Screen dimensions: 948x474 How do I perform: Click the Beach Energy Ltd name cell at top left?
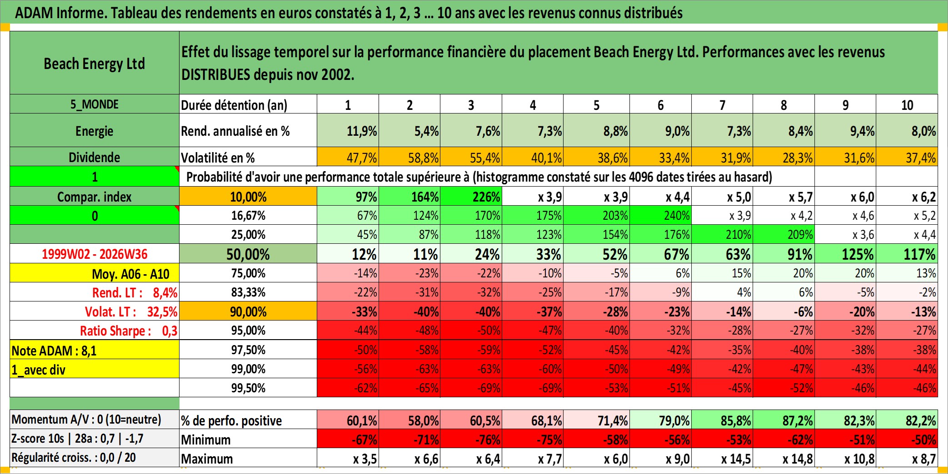(x=95, y=63)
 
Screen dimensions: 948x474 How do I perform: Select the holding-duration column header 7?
(x=722, y=105)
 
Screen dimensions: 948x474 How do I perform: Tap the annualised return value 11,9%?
(x=348, y=131)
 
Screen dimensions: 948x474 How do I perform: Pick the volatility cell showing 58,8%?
(x=409, y=157)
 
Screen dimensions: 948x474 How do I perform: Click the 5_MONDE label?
(x=95, y=104)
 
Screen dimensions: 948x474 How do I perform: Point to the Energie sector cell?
(x=95, y=131)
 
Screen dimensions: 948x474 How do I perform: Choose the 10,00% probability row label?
(x=248, y=197)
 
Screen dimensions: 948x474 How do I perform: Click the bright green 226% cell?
(x=471, y=197)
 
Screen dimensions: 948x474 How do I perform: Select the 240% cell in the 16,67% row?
(x=660, y=215)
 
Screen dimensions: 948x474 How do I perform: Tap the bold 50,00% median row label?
(x=248, y=254)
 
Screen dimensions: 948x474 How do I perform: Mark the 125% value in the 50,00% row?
(x=845, y=254)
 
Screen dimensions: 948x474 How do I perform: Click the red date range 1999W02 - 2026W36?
(x=95, y=254)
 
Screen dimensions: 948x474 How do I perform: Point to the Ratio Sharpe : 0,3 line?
(x=129, y=331)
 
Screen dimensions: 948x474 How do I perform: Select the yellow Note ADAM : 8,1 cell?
(x=95, y=350)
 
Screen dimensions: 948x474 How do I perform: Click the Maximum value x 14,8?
(x=783, y=459)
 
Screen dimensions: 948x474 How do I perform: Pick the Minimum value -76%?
(x=471, y=439)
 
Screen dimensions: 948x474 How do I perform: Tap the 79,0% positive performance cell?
(x=660, y=420)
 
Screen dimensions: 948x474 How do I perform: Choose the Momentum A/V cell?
(x=95, y=419)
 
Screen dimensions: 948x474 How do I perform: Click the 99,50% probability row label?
(x=248, y=388)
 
